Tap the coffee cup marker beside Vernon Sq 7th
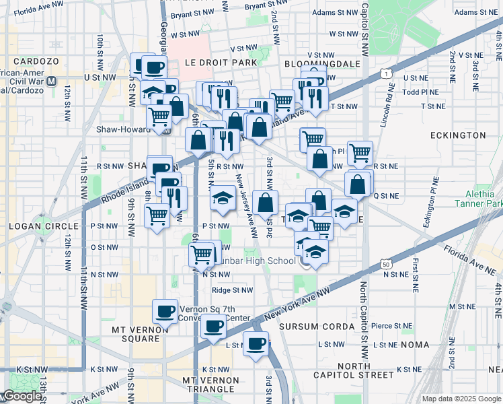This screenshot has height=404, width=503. (x=165, y=310)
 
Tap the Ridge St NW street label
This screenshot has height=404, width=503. (x=233, y=290)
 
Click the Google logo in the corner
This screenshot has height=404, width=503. (x=22, y=396)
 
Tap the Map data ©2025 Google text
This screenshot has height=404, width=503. (x=461, y=399)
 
